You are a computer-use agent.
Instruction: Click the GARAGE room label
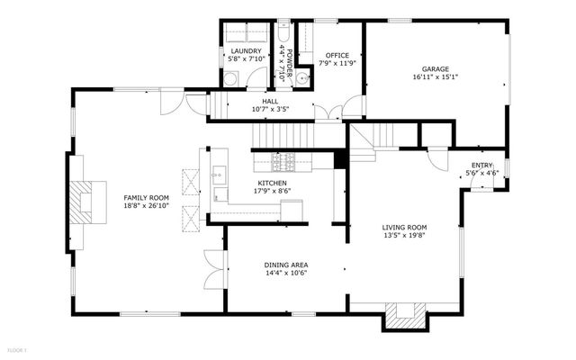tap(436, 68)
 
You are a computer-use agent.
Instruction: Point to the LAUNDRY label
tap(246, 51)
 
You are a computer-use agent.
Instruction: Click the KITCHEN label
tap(272, 182)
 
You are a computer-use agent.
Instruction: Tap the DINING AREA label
tap(286, 265)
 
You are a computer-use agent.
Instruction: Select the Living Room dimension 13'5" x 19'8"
tap(404, 236)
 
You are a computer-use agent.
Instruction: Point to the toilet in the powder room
tap(284, 28)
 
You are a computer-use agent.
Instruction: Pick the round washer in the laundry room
tap(229, 79)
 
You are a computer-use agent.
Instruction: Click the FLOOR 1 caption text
tap(17, 349)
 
